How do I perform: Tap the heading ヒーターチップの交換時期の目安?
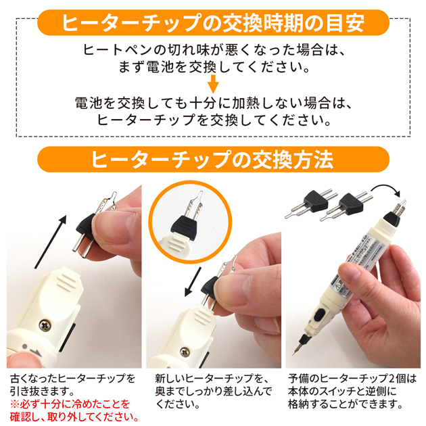213,22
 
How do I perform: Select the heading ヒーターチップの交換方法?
212,159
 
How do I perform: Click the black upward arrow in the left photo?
51,241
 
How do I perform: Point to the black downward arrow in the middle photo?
193,282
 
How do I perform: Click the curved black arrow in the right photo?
386,190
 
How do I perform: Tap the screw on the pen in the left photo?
44,325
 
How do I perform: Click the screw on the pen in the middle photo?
185,353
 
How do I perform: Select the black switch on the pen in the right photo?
318,314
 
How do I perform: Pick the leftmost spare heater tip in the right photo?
310,203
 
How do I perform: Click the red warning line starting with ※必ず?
70,404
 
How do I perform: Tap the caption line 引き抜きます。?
42,392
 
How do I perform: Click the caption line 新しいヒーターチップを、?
212,379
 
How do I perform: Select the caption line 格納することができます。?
346,404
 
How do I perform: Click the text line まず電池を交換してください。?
214,67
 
